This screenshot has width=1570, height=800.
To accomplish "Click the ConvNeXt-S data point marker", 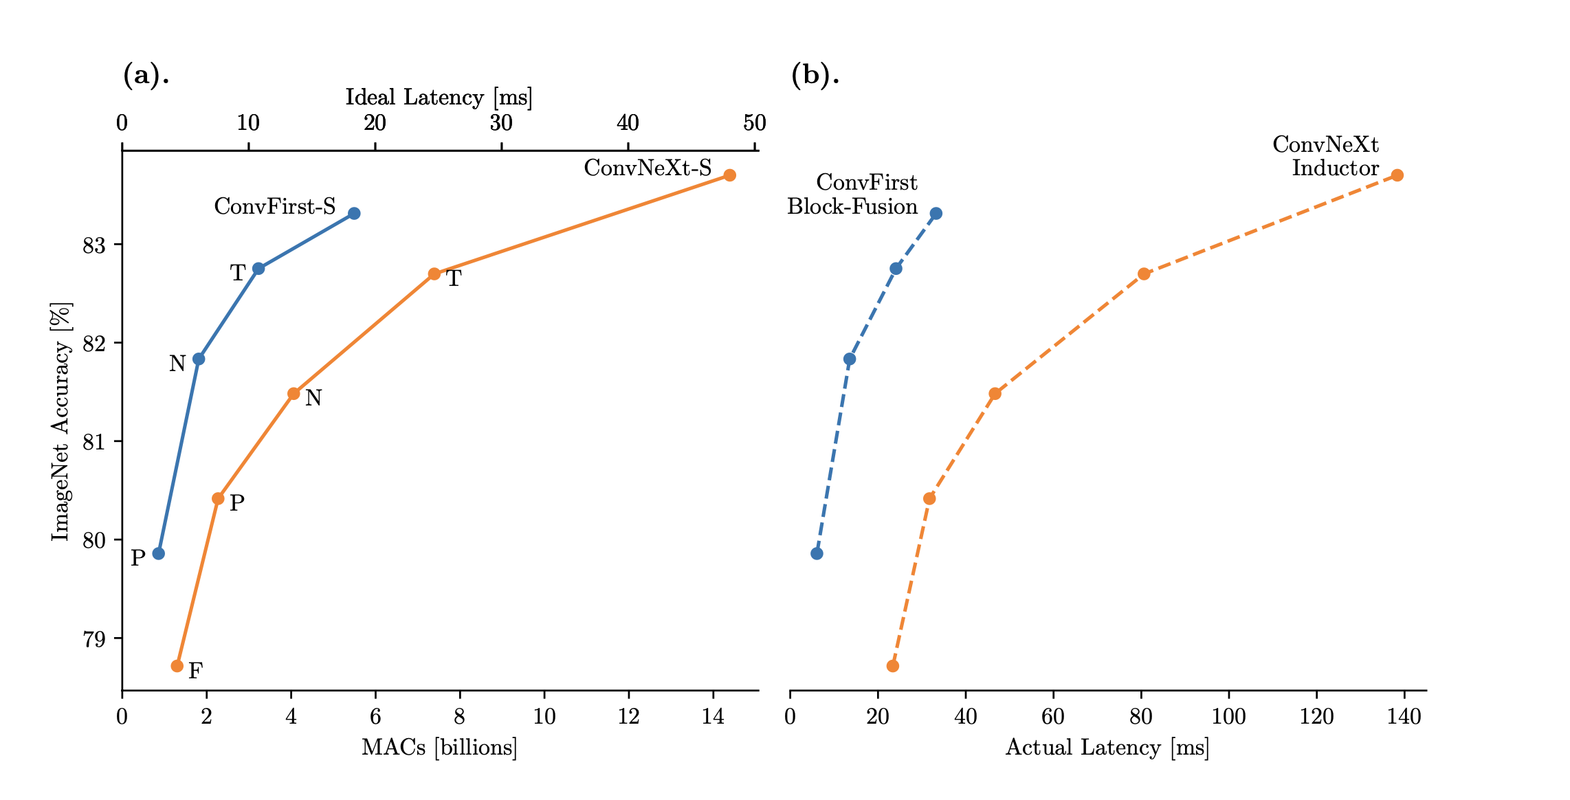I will [729, 175].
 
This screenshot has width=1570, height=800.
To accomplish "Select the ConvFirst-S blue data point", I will [354, 213].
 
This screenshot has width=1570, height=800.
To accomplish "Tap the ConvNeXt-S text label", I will [648, 168].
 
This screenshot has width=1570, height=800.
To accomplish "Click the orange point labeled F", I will [177, 665].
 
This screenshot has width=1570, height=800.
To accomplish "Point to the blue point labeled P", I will [158, 553].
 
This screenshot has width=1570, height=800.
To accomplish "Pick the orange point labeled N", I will [294, 393].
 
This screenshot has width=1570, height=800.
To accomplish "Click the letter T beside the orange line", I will [454, 279].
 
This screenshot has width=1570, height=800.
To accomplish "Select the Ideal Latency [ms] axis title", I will [439, 98].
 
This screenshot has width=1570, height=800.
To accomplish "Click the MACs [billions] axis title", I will [439, 748].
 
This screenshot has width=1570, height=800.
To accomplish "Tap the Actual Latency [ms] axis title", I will [1107, 748].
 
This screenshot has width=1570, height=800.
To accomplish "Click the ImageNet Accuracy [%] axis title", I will [61, 421].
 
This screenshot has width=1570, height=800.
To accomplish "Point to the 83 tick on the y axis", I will [94, 245].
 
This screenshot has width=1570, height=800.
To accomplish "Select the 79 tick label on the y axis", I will [94, 639].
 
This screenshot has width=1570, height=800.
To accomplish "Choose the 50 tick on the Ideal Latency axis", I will [754, 124].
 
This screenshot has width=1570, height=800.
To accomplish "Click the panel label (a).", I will [146, 74].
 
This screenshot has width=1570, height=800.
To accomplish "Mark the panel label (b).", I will [815, 74].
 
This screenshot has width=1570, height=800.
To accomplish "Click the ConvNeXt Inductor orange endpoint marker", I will [1397, 175].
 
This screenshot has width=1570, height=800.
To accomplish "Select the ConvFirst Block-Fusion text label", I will [852, 195].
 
